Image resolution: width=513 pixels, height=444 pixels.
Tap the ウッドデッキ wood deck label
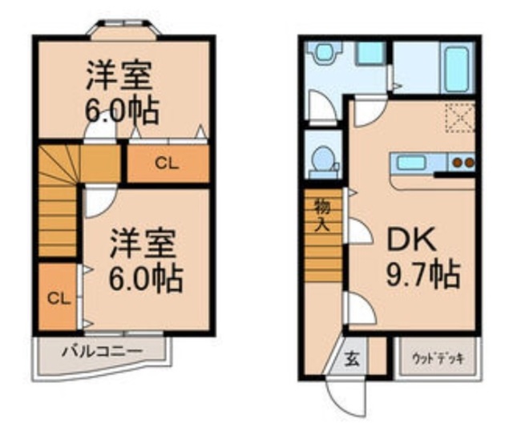(432, 356)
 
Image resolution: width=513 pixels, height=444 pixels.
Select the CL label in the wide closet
(166, 164)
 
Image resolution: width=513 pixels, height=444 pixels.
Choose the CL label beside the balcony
(55, 299)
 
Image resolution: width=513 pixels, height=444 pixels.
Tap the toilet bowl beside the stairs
(323, 157)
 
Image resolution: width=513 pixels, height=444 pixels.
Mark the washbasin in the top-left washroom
(325, 53)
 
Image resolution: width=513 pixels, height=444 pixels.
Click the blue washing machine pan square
(370, 53)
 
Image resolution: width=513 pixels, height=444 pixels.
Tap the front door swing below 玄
(343, 395)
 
